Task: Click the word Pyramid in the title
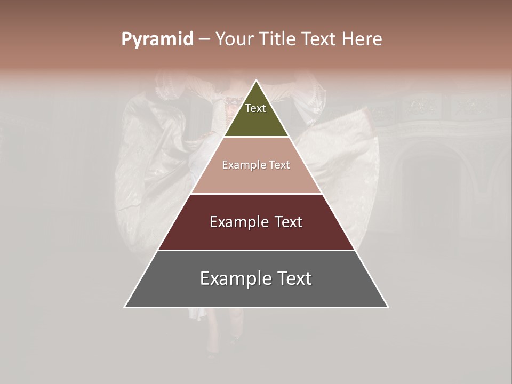(x=157, y=39)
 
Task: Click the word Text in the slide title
(x=319, y=39)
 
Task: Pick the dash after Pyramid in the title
(x=204, y=39)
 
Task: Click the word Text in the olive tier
(x=255, y=108)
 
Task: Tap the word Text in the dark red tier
(x=289, y=222)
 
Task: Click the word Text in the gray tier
(x=293, y=278)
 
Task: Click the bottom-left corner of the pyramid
(x=125, y=307)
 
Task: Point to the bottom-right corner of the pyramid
(x=388, y=307)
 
